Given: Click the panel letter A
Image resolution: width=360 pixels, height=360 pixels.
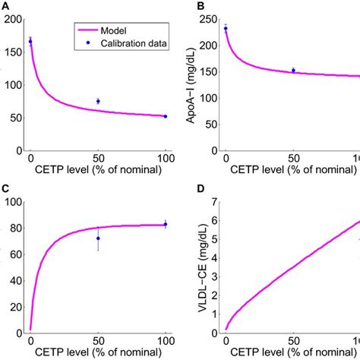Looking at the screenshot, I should pos(5,5).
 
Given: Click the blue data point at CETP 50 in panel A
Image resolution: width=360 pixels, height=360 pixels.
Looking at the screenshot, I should pos(98,101).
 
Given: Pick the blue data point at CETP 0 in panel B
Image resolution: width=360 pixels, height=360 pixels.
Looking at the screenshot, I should pos(226,29).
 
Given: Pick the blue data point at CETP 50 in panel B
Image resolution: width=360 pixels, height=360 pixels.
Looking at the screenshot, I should pos(293,70).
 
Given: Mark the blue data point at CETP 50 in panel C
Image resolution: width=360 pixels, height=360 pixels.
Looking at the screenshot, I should pos(98,238).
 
